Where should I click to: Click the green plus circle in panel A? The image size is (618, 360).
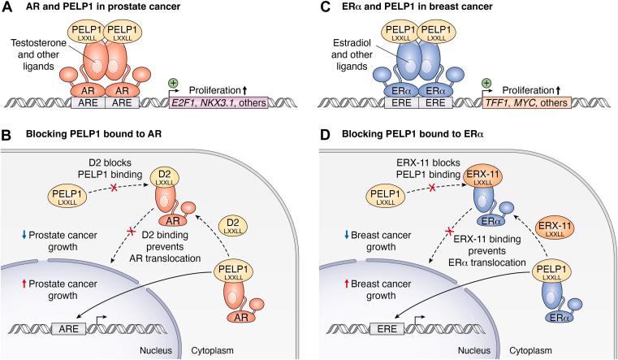coord(175,83)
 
